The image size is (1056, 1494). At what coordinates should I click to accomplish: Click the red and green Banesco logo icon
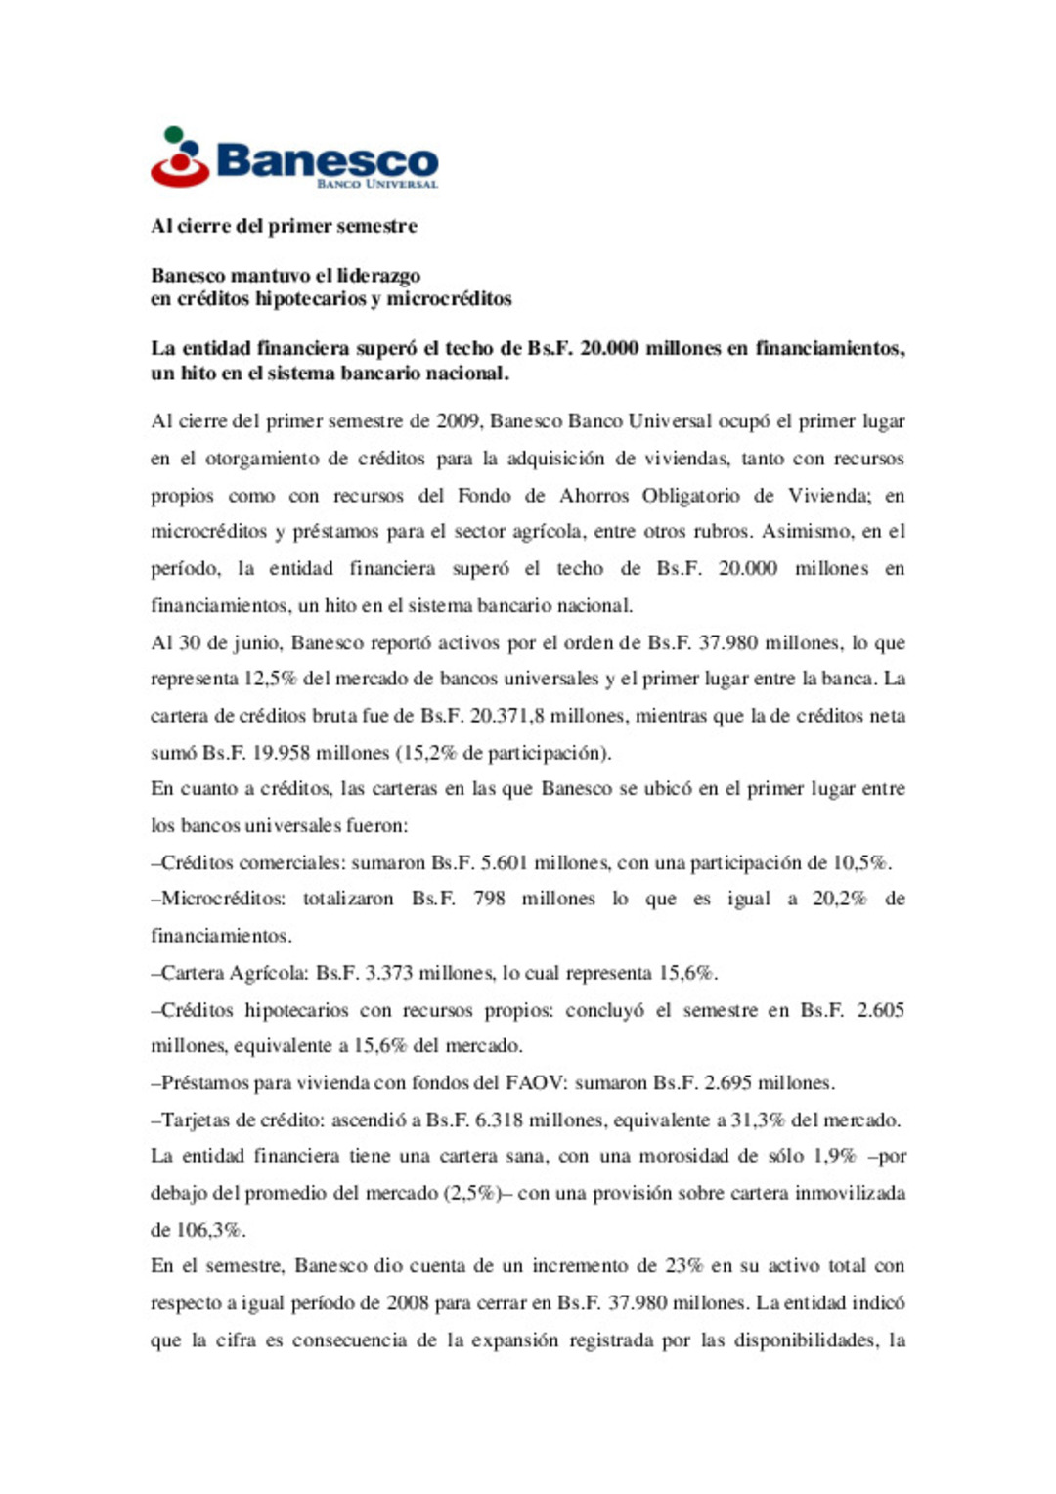coord(180,157)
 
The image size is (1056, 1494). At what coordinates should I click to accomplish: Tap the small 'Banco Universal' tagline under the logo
coord(376,184)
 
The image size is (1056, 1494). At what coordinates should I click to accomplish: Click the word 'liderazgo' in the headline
coord(378,276)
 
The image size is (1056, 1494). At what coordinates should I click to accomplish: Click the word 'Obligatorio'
coord(690,496)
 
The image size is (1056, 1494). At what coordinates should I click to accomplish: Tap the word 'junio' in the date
coord(255,643)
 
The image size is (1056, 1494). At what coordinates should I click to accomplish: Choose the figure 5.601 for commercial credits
coord(504,863)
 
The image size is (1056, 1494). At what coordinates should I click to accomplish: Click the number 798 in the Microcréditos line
coord(489,899)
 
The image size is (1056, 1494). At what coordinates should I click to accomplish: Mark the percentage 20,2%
coord(839,899)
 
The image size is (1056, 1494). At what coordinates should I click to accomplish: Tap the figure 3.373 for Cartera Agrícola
coord(390,973)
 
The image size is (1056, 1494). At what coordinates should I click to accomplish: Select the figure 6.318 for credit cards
coord(500,1120)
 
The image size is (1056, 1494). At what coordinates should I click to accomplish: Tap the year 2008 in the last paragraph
coord(408,1303)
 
